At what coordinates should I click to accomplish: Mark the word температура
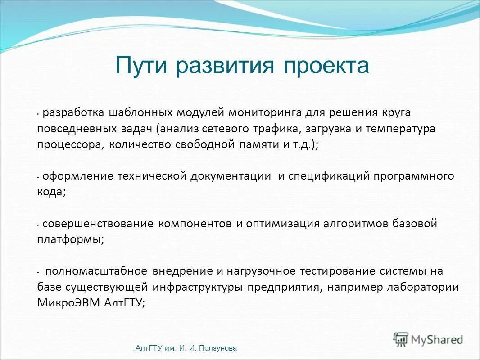400,129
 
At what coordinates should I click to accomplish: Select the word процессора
68,145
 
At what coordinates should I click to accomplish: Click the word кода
51,192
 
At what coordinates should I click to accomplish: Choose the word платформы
70,240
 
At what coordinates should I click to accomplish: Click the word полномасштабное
96,271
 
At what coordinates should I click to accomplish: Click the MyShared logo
428,339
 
